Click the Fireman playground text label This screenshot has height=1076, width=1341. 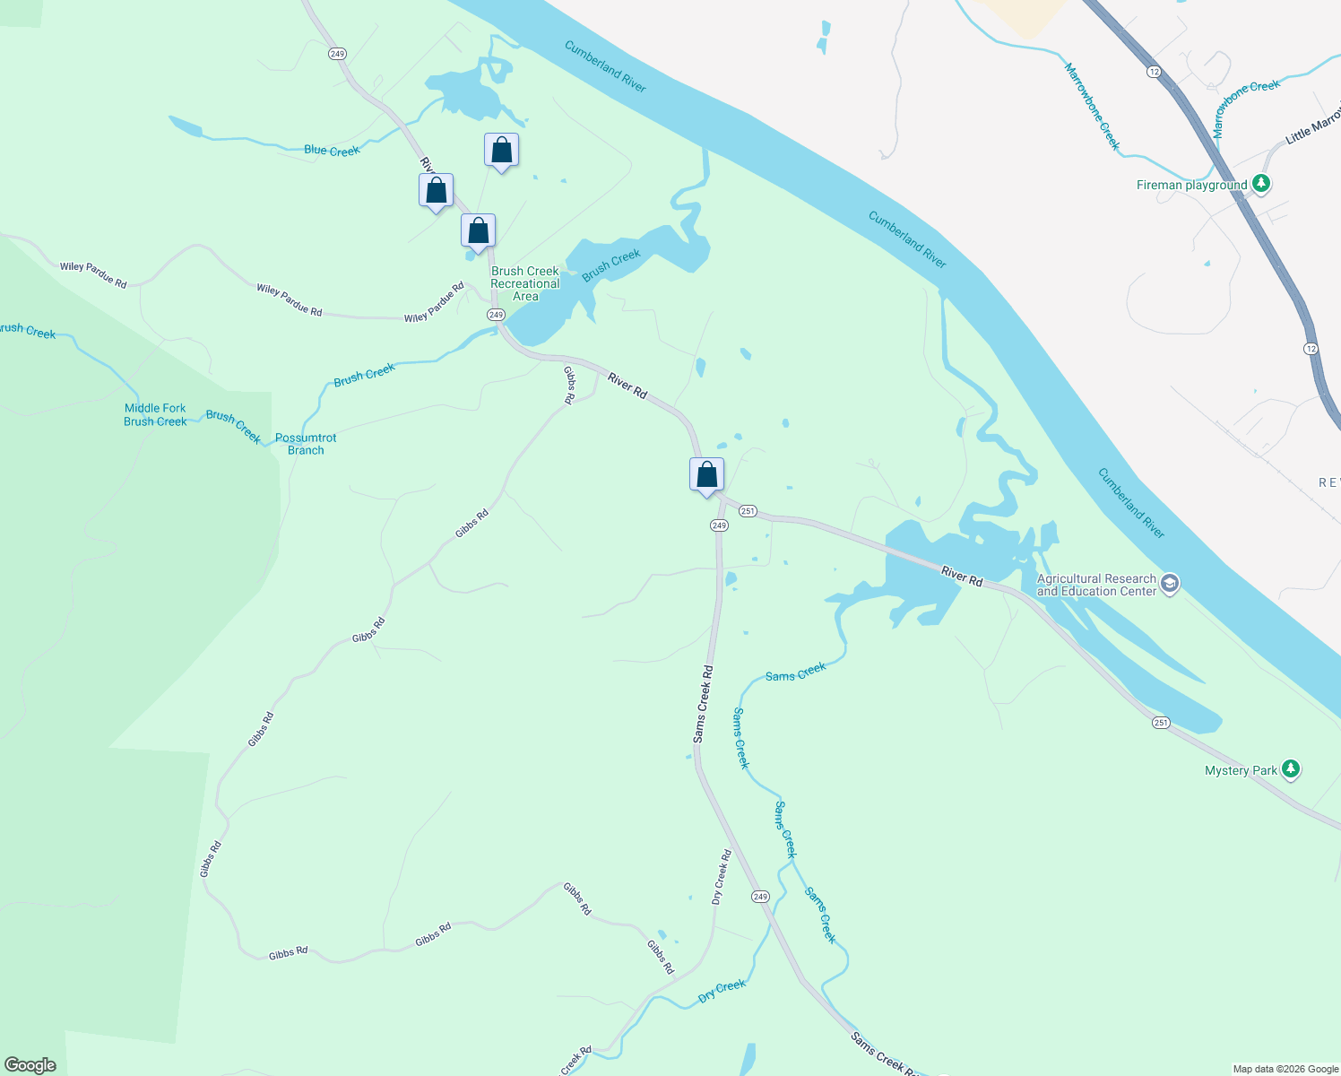pos(1191,186)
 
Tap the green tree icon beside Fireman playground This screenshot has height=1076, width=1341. pos(1261,184)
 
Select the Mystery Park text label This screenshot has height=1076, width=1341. pos(1241,770)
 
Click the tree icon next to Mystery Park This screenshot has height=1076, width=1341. pos(1290,768)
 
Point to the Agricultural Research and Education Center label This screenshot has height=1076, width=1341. pos(1096,586)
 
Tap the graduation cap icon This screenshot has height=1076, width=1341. pos(1169,585)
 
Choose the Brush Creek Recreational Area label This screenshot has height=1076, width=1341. pos(524,283)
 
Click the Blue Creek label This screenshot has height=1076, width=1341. pos(332,151)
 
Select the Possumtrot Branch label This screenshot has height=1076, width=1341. pos(306,444)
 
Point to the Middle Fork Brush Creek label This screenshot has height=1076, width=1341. pos(155,415)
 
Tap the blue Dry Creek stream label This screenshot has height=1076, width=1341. pos(722,990)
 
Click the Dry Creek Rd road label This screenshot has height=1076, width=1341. pos(722,877)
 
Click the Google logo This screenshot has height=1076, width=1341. pos(30,1065)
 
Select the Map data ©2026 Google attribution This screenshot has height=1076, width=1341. pos(1285,1069)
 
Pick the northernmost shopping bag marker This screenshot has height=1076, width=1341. pos(501,151)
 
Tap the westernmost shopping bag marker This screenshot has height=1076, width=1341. pos(436,191)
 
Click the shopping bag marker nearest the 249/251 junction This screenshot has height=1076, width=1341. pos(706,474)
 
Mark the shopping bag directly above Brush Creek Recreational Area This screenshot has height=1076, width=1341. pos(478,231)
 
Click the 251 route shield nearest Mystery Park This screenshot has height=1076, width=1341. pos(1161,723)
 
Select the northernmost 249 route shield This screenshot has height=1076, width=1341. pos(337,54)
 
